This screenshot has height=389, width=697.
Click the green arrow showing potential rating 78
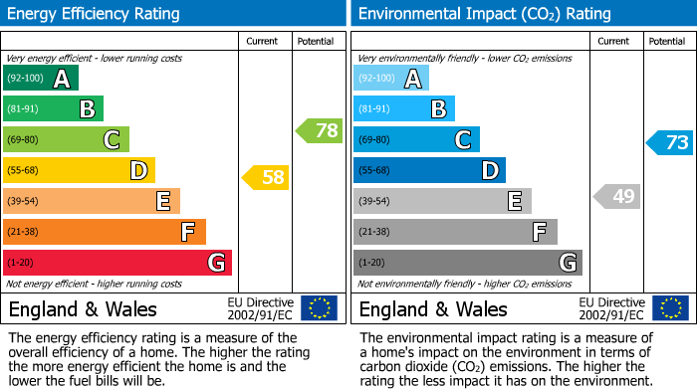(320, 130)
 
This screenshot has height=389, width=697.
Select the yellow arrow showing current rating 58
(266, 177)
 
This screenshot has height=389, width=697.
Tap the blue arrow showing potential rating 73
(670, 142)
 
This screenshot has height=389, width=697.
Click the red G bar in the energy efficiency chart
(117, 263)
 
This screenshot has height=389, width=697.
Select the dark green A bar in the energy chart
(41, 79)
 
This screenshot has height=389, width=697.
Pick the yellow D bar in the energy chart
(79, 170)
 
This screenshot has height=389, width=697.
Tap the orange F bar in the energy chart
(105, 232)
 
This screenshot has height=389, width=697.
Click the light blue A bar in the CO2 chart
(391, 79)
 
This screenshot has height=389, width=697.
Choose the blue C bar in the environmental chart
(416, 140)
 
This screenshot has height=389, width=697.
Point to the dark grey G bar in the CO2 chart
(467, 263)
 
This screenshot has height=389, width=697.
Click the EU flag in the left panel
(319, 307)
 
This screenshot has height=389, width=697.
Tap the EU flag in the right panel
(669, 307)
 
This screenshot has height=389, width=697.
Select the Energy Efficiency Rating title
(94, 14)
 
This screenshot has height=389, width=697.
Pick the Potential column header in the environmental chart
(667, 41)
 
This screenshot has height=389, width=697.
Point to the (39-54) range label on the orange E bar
(24, 201)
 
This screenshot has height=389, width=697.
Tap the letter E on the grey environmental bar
(514, 202)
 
